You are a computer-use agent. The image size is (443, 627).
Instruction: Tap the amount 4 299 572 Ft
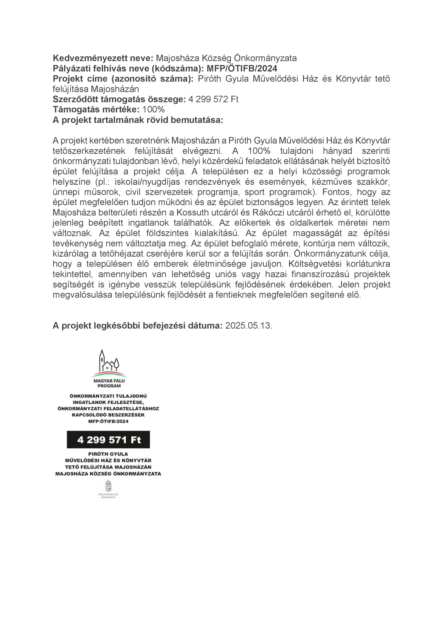click(x=213, y=99)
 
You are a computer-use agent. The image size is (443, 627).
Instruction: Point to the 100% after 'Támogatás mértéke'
click(x=153, y=110)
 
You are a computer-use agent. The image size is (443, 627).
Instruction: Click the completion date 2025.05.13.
click(x=248, y=326)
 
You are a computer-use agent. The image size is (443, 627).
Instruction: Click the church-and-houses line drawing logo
click(x=109, y=361)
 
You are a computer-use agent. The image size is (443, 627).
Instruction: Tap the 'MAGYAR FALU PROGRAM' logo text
click(x=109, y=383)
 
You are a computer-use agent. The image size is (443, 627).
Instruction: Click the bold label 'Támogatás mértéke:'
click(x=96, y=110)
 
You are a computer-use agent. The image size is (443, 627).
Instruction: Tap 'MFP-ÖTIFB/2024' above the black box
click(x=108, y=421)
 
